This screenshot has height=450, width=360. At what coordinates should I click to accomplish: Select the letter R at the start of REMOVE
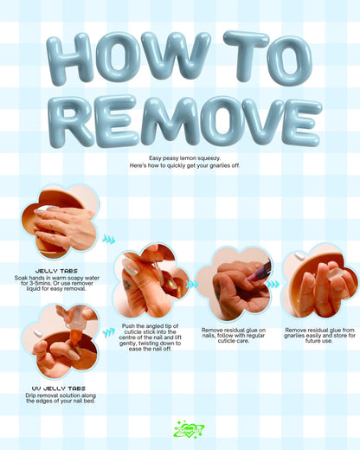point(72,121)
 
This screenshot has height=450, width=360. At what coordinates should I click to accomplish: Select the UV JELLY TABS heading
point(50,389)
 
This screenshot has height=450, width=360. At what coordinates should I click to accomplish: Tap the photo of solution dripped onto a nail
point(61,341)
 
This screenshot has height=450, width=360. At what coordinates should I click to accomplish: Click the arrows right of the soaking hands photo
point(108,240)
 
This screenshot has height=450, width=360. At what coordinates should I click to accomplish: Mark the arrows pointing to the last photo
point(273,284)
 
